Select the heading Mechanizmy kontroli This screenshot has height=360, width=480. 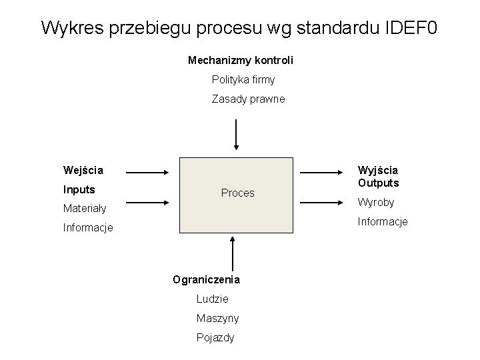pos(241,61)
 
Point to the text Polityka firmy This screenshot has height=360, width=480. pos(243,80)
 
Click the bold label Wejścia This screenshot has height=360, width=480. pos(83,170)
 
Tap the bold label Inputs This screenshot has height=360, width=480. pos(79,189)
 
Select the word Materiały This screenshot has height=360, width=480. pos(85,209)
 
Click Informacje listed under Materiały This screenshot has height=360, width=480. pos(88,228)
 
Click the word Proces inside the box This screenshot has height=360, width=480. pos(238,193)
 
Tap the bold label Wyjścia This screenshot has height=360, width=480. pos(378,171)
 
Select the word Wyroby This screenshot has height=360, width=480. pos(377,202)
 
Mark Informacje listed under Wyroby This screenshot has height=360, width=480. pos(383,221)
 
